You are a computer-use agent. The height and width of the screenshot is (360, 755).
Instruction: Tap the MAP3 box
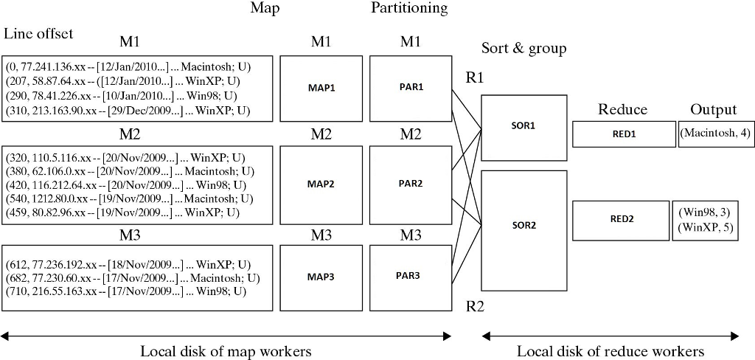pyautogui.click(x=321, y=277)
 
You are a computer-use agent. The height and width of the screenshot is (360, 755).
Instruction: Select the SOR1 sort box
pyautogui.click(x=524, y=125)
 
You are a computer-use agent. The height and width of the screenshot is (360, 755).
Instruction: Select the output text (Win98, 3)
pyautogui.click(x=706, y=212)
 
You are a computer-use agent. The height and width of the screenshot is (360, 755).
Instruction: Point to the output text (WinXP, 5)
pyautogui.click(x=706, y=227)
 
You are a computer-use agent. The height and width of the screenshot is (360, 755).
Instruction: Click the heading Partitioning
pyautogui.click(x=408, y=9)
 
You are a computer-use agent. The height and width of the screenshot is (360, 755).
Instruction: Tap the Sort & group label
pyautogui.click(x=523, y=49)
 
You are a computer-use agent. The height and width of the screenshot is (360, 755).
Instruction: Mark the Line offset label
pyautogui.click(x=38, y=33)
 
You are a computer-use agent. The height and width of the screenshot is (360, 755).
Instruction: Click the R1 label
pyautogui.click(x=475, y=77)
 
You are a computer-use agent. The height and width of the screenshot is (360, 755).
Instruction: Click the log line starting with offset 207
pyautogui.click(x=128, y=81)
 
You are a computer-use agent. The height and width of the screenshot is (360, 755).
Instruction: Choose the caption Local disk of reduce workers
pyautogui.click(x=610, y=351)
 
